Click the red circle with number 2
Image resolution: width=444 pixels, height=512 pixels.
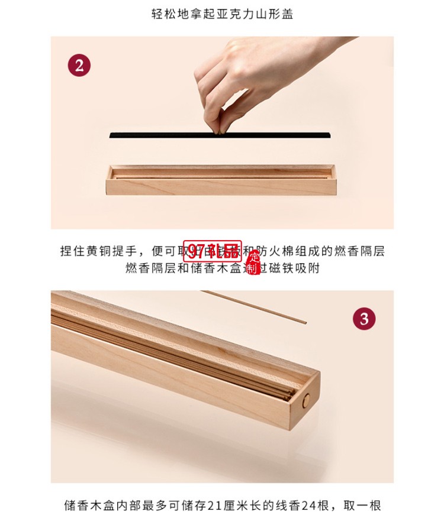click(79, 64)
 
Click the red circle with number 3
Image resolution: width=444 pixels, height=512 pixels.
click(364, 319)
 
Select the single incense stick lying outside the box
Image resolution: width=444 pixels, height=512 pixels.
click(255, 306)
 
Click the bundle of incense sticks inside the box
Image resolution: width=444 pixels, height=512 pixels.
click(178, 355)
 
